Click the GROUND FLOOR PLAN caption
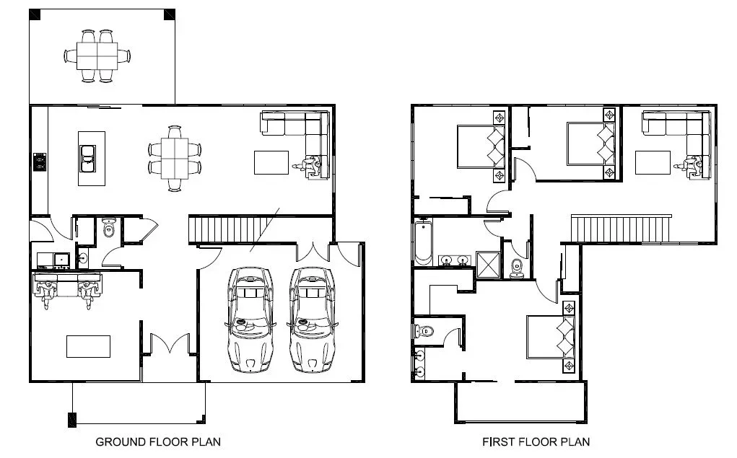[x=158, y=441]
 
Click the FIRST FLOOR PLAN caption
[x=536, y=441]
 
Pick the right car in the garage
[x=313, y=319]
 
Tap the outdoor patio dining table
[x=98, y=55]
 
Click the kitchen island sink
[x=87, y=157]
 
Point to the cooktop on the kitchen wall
[x=40, y=162]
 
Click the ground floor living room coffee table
[x=271, y=162]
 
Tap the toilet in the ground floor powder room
[x=109, y=228]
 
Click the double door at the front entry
[x=169, y=343]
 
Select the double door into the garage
[x=314, y=252]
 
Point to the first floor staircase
[x=621, y=228]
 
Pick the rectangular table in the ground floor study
[x=88, y=346]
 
